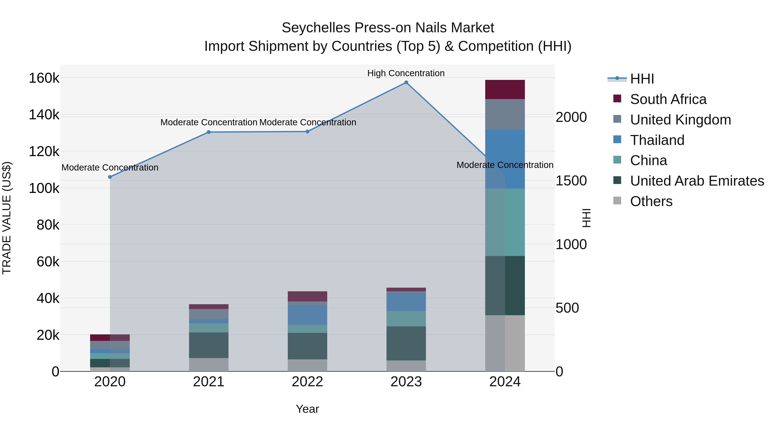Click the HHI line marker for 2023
(406, 82)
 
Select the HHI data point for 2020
(110, 177)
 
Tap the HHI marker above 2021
(208, 132)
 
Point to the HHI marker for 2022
(307, 132)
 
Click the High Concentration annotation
(406, 73)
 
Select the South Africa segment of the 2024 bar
(505, 89)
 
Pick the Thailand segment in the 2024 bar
(505, 159)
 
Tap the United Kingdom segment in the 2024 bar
(505, 114)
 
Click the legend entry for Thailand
(657, 140)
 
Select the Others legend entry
(651, 201)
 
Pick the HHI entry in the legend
(642, 79)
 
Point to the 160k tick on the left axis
(44, 78)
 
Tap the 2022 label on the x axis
(307, 382)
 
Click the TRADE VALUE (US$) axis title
(7, 218)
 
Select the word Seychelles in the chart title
(316, 28)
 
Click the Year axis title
(307, 409)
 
